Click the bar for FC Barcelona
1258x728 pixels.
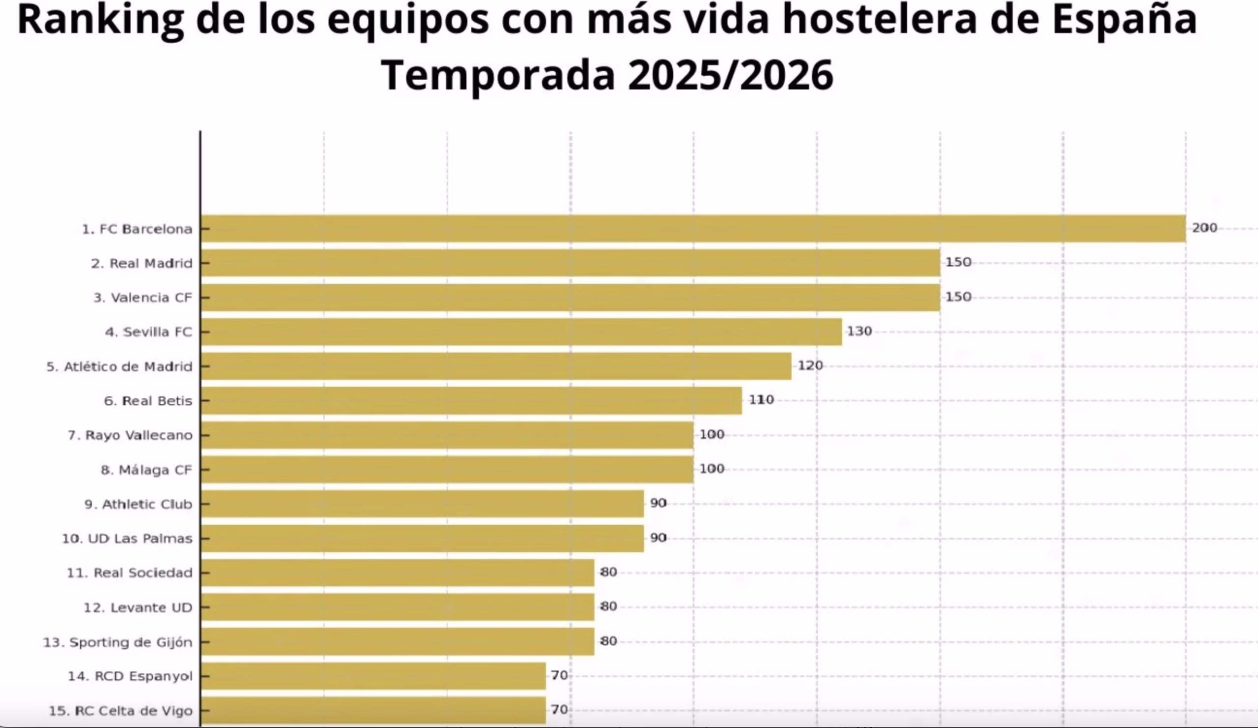[693, 229]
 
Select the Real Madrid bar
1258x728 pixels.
[570, 263]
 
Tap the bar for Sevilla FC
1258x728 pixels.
[521, 332]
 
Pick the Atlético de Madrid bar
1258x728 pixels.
[496, 366]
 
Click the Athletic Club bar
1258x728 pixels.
[422, 504]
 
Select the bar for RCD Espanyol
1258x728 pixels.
[373, 676]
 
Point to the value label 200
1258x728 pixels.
[1204, 228]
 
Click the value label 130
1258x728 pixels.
[859, 331]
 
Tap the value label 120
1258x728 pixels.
[810, 366]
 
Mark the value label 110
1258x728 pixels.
[761, 400]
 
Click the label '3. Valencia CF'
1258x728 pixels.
[143, 298]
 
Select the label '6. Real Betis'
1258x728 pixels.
[148, 401]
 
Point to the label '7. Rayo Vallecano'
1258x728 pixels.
[130, 435]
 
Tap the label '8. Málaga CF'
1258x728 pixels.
[146, 470]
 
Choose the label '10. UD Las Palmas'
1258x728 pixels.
[127, 539]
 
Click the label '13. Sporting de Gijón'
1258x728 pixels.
[117, 642]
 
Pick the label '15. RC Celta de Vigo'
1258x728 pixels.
[120, 710]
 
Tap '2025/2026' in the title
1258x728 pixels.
[730, 75]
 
